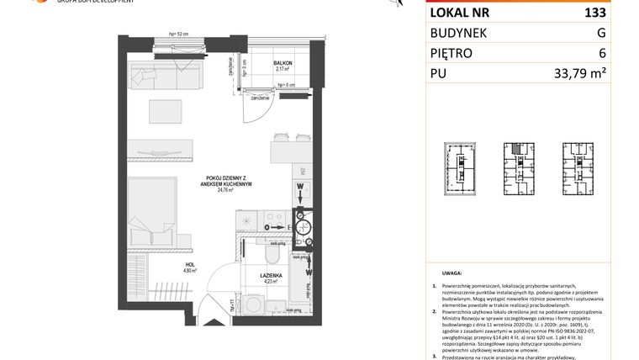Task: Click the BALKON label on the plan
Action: [283, 64]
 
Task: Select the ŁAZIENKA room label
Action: [270, 276]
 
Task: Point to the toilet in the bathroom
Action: [272, 254]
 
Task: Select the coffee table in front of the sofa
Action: [165, 111]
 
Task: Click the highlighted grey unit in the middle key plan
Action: [514, 148]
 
